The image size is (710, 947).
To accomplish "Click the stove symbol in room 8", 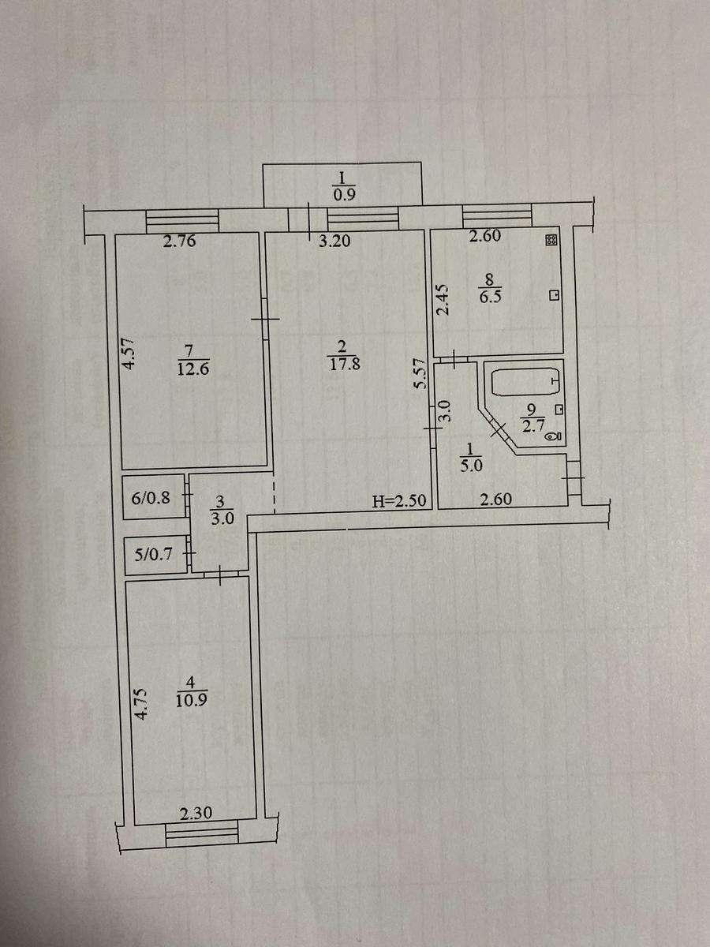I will click(x=551, y=241).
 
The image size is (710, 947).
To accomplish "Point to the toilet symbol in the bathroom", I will click(x=554, y=435).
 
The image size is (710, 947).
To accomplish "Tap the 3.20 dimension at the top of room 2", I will click(x=334, y=242).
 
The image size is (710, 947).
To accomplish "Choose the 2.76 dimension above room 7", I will click(x=179, y=242).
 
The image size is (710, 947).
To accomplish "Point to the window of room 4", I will click(x=202, y=833).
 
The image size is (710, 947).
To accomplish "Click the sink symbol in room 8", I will click(x=554, y=295).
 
